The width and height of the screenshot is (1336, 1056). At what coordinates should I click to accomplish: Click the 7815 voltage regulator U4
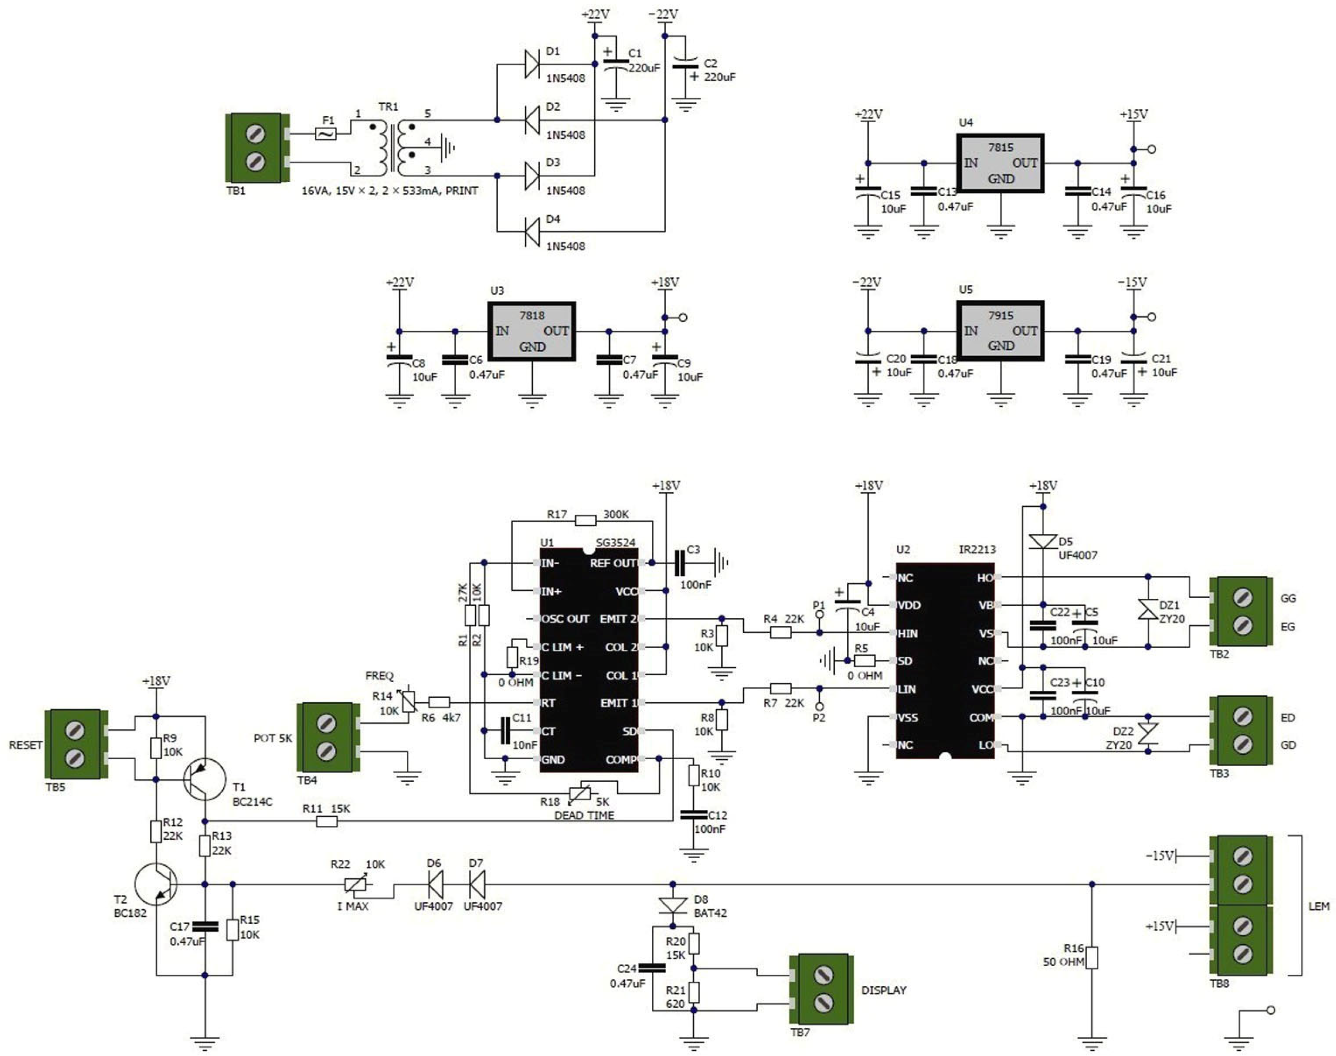pos(1000,163)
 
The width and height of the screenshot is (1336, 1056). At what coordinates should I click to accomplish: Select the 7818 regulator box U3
pos(532,331)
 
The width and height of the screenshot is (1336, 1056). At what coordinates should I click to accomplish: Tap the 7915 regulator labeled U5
pos(1000,331)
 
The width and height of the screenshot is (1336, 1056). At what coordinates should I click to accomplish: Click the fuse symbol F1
pos(326,133)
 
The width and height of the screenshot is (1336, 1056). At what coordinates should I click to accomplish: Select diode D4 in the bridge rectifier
pos(532,232)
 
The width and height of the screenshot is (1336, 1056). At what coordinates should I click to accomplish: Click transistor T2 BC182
pos(156,884)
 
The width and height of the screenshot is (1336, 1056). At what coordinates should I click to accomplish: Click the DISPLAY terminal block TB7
pos(822,989)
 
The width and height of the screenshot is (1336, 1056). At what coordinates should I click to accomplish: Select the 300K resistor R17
pos(585,520)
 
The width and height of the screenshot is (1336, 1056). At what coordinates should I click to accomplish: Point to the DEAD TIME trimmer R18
pos(580,793)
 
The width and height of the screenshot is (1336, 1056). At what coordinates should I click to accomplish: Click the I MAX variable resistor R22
pos(355,885)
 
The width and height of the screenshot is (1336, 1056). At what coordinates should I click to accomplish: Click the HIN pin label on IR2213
pos(907,634)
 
